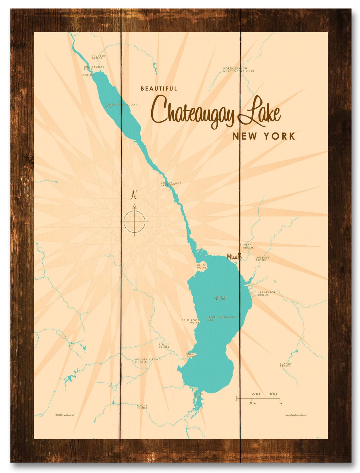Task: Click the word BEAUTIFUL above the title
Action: coord(159,89)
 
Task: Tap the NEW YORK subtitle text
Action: coord(264,136)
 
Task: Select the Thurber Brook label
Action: coord(98,57)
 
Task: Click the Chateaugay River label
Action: coord(94,68)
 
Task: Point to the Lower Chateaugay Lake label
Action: coord(121,105)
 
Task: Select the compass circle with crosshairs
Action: coord(135,221)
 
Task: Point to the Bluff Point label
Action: coord(201,266)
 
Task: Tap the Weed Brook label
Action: coord(248,246)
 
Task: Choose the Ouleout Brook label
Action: coord(262,259)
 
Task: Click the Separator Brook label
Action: coord(267,293)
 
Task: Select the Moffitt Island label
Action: coord(220,298)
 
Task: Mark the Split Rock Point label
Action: coord(190,321)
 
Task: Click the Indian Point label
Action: coord(190,355)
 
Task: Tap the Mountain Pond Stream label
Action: coord(147,360)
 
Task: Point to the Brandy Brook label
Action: coord(285,365)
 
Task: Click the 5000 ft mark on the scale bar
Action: coord(273,394)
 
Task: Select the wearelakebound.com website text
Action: coord(295,415)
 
